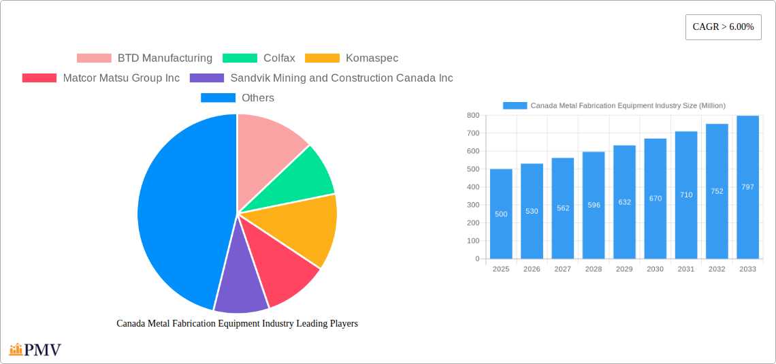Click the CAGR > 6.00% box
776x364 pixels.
(x=723, y=27)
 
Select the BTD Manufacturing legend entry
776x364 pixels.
(x=144, y=59)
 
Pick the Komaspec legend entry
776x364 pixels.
(x=351, y=59)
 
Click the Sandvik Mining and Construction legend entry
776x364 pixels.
(x=321, y=78)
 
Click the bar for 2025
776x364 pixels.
(x=501, y=214)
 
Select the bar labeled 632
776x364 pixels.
(x=624, y=202)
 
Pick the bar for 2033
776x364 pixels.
(x=747, y=187)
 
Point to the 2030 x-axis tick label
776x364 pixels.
(x=655, y=269)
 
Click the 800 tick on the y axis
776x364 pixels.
(x=472, y=116)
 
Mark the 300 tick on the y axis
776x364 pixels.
(x=472, y=205)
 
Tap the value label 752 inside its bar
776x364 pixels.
(x=717, y=191)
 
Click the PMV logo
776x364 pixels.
(x=35, y=350)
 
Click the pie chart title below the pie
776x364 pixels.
(x=237, y=324)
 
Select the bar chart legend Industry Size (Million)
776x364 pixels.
(x=614, y=105)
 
